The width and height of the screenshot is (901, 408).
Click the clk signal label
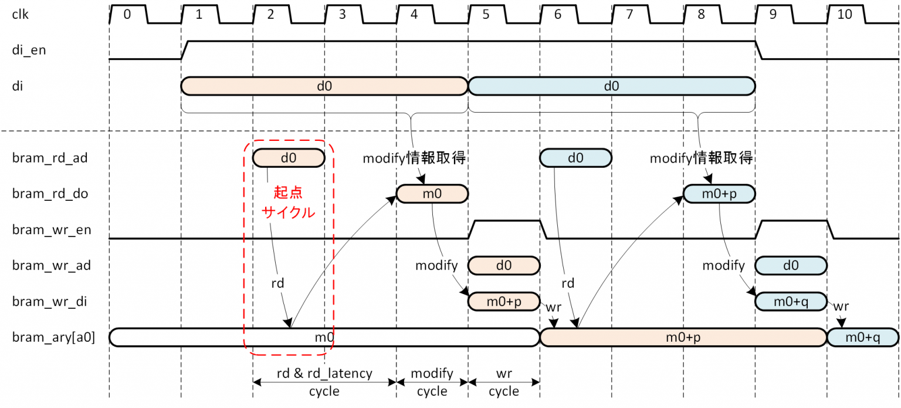pyautogui.click(x=20, y=15)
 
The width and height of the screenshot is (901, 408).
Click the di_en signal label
pyautogui.click(x=29, y=50)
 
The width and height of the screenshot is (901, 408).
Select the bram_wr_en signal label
pyautogui.click(x=52, y=230)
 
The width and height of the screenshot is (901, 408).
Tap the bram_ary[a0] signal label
pyautogui.click(x=53, y=338)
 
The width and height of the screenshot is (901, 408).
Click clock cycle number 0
pyautogui.click(x=127, y=15)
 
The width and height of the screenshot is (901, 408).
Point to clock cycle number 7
pyautogui.click(x=629, y=15)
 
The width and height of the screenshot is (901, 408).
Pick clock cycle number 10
pyautogui.click(x=845, y=15)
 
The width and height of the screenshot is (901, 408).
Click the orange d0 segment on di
pyautogui.click(x=324, y=86)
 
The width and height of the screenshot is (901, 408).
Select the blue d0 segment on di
pyautogui.click(x=611, y=86)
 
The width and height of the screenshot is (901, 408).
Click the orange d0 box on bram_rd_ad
pyautogui.click(x=288, y=157)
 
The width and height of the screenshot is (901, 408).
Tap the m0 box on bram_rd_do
pyautogui.click(x=432, y=194)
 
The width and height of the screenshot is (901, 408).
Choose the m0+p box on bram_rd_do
pyautogui.click(x=719, y=194)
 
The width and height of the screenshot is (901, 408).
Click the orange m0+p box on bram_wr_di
pyautogui.click(x=504, y=301)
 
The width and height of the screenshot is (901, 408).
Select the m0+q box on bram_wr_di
pyautogui.click(x=791, y=301)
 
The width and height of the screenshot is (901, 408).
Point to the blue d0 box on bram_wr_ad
pyautogui.click(x=791, y=265)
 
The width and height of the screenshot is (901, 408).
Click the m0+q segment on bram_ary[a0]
pyautogui.click(x=862, y=338)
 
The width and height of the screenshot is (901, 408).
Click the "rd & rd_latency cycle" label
pyautogui.click(x=324, y=382)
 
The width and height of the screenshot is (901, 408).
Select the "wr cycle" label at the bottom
pyautogui.click(x=504, y=382)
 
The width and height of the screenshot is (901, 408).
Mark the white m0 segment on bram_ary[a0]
pyautogui.click(x=324, y=338)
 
